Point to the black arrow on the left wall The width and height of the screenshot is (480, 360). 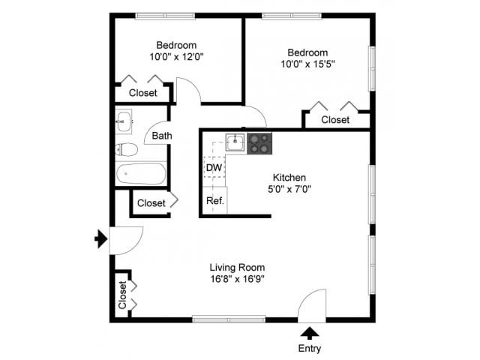tap(100, 239)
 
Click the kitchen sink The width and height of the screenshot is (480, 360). tap(235, 142)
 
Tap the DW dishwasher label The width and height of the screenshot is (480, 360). tap(214, 166)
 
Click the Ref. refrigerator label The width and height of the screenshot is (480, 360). tap(214, 200)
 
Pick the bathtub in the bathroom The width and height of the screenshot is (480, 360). tap(140, 174)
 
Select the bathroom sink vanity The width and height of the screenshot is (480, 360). tap(124, 120)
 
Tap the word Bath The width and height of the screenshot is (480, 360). tap(162, 136)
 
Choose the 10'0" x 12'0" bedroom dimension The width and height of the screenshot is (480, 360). tap(177, 55)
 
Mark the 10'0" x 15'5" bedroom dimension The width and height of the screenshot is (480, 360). tap(308, 64)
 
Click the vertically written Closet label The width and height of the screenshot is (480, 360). tap(122, 295)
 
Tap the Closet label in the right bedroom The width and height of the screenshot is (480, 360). tap(335, 120)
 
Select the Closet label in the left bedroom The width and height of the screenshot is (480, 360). tap(143, 93)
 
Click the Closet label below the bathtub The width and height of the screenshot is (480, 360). tap(151, 202)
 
